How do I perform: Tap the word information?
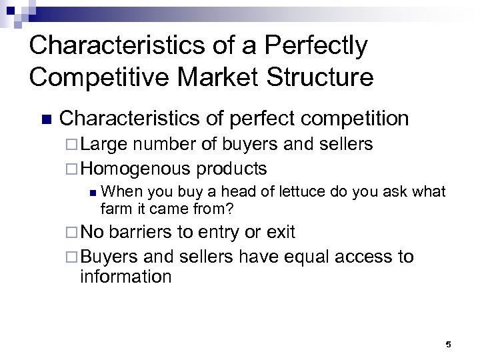pyautogui.click(x=125, y=275)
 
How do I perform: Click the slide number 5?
pyautogui.click(x=448, y=345)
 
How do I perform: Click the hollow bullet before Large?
pyautogui.click(x=72, y=144)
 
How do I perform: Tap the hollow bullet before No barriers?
pyautogui.click(x=72, y=233)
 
